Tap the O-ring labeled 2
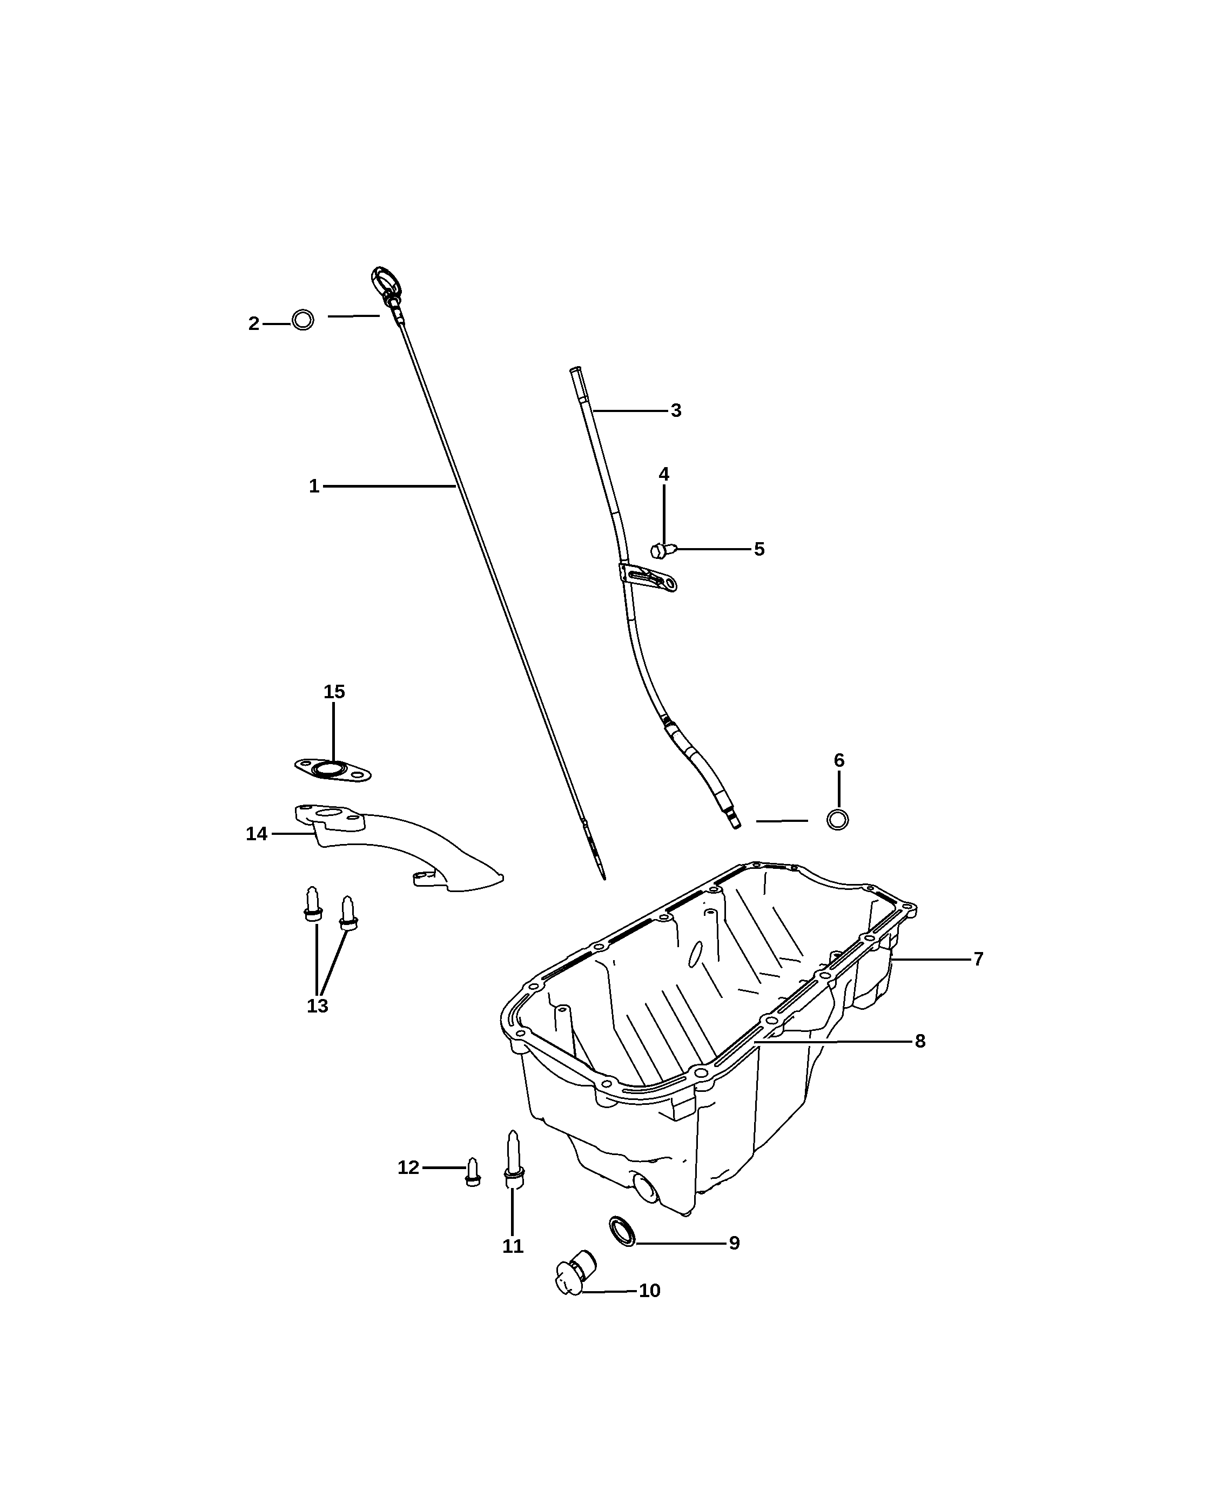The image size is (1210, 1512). pyautogui.click(x=303, y=320)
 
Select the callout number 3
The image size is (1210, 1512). pyautogui.click(x=676, y=410)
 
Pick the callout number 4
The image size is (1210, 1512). pyautogui.click(x=663, y=474)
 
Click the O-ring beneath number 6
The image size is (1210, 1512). pyautogui.click(x=837, y=819)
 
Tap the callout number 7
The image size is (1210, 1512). pyautogui.click(x=978, y=959)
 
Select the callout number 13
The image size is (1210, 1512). pyautogui.click(x=317, y=1005)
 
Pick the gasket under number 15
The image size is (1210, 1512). pyautogui.click(x=333, y=770)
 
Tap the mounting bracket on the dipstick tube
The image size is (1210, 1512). pyautogui.click(x=648, y=577)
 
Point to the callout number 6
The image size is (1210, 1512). pyautogui.click(x=839, y=760)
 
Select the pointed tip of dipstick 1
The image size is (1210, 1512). pyautogui.click(x=604, y=879)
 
